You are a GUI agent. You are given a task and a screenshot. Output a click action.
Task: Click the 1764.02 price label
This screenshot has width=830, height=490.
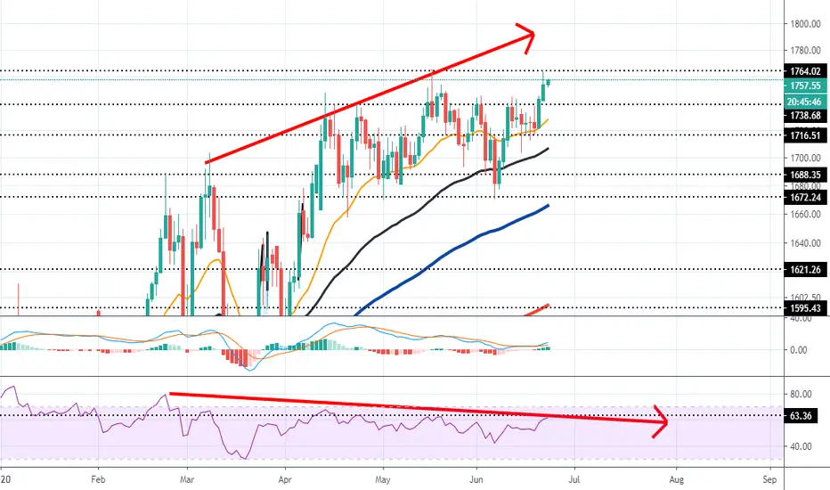pos(805,71)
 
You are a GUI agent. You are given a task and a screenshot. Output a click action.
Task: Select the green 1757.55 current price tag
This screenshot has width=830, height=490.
pos(805,86)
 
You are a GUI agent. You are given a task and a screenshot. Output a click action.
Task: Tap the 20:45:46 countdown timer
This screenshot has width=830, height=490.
pos(805,102)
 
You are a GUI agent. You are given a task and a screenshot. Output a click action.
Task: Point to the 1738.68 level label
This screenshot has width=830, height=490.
pos(805,116)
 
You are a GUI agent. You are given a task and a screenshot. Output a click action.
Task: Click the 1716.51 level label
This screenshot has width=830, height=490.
pos(805,135)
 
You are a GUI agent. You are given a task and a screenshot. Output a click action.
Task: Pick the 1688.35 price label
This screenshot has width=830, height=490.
pos(805,175)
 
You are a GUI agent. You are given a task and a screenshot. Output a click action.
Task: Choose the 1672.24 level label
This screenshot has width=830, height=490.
pos(805,198)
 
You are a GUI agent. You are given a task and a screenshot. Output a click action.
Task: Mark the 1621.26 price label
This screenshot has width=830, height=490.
pos(805,270)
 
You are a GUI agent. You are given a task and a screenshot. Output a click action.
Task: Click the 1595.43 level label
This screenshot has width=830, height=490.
pos(805,308)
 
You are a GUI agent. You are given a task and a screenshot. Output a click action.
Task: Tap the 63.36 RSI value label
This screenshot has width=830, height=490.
pos(801,416)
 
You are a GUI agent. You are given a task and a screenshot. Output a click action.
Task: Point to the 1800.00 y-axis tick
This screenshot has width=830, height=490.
pos(805,24)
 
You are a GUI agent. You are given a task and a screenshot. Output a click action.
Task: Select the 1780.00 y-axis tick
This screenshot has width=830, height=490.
pos(805,51)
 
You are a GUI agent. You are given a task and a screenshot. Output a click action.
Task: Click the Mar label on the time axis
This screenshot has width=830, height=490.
pos(187,479)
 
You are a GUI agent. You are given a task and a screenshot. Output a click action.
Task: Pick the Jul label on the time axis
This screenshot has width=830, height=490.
pos(574,479)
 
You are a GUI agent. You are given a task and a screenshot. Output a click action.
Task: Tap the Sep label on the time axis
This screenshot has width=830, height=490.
pos(769,479)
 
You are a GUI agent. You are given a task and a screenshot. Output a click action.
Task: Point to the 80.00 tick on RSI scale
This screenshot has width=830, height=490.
pos(801,394)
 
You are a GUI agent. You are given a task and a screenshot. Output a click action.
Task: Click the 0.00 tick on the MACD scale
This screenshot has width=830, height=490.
pos(798,350)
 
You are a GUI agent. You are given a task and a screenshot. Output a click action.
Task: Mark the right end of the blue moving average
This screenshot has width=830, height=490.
pos(548,206)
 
